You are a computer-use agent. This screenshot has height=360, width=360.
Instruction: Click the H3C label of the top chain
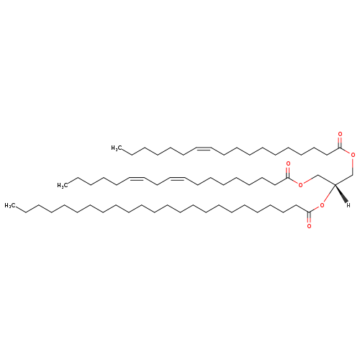coord(116,148)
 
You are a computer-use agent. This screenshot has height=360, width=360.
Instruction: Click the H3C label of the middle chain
coord(62,185)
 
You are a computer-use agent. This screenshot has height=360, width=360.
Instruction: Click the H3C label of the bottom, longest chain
coord(9,205)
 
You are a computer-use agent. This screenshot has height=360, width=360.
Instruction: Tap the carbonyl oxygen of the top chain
coord(340,135)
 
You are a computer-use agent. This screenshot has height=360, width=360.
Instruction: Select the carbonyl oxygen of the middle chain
coord(288,164)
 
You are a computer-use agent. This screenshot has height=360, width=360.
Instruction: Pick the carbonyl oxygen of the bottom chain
coord(309,226)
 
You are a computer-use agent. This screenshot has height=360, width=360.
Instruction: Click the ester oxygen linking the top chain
coord(353,155)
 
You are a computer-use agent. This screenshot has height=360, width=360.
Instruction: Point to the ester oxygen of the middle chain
coord(300,185)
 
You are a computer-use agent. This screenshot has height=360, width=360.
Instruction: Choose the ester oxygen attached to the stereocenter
coord(322,205)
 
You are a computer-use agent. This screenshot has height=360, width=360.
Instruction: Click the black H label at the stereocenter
coord(348,205)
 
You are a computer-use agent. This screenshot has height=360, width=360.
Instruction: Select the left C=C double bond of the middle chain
coord(137,179)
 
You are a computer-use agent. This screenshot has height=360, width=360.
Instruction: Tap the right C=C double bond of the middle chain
coord(177,179)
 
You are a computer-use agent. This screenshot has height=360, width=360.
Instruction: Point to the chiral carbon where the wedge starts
coord(335,185)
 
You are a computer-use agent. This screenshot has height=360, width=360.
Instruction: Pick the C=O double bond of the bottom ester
coord(309,217)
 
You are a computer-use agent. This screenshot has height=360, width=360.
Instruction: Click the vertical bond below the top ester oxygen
coord(353,166)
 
